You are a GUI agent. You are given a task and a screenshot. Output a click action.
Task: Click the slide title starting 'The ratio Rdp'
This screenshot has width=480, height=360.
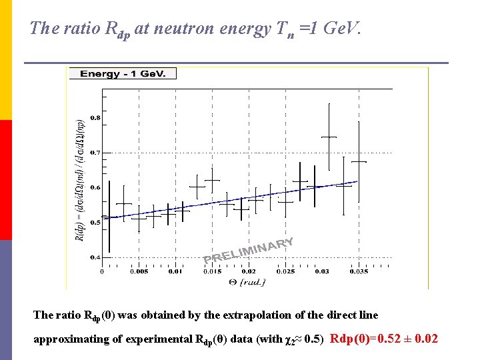click(196, 29)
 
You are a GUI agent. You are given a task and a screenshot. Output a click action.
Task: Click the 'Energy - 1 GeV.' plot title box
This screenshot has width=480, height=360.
click(123, 73)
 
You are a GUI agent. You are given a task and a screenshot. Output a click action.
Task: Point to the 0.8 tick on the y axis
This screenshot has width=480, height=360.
click(96, 118)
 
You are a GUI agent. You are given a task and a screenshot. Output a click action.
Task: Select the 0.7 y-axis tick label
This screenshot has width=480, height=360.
click(96, 153)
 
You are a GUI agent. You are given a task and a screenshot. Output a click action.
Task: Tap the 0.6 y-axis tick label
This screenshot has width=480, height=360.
click(96, 187)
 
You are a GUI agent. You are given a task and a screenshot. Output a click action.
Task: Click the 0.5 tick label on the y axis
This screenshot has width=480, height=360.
click(96, 222)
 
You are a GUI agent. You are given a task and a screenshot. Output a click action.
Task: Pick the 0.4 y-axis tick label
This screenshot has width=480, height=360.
click(96, 257)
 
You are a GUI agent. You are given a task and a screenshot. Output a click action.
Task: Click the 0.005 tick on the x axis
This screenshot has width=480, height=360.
click(139, 271)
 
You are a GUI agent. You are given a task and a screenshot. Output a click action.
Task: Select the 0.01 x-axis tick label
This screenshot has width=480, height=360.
click(175, 271)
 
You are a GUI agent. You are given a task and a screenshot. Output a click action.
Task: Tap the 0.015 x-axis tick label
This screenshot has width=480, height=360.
click(212, 271)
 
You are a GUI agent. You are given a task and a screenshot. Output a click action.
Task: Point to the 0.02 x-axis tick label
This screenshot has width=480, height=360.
click(248, 271)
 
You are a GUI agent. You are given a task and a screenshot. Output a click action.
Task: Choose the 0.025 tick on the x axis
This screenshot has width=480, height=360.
click(285, 271)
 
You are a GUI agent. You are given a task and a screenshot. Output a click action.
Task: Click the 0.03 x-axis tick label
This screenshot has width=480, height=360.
click(321, 271)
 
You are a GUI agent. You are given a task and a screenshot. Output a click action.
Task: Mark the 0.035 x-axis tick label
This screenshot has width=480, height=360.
click(358, 271)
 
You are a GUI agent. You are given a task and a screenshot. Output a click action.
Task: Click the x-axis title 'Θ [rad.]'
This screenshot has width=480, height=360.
click(247, 282)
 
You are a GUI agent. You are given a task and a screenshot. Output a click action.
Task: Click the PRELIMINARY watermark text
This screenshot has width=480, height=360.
click(249, 251)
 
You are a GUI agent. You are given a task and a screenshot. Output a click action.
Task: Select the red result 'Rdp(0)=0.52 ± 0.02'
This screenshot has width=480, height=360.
click(383, 339)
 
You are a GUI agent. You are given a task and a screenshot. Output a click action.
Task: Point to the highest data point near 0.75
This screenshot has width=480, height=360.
click(329, 137)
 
